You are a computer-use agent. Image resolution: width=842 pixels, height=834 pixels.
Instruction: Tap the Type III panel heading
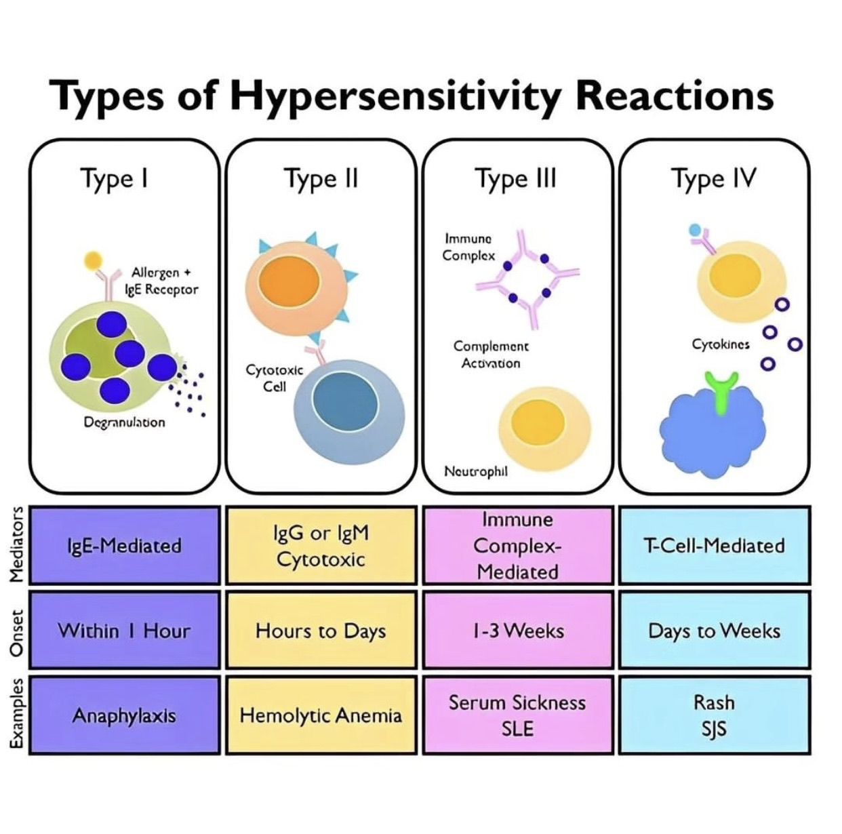516,178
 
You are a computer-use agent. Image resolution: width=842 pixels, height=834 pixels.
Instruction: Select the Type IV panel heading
713,178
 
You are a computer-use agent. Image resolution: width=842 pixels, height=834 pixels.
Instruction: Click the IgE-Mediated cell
125,546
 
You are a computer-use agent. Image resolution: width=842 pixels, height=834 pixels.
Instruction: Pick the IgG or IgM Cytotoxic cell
321,546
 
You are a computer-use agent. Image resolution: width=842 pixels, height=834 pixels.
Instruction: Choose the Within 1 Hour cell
125,631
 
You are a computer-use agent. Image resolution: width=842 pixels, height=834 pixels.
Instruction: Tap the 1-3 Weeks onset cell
518,631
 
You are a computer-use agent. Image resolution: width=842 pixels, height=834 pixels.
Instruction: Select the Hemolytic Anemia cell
321,715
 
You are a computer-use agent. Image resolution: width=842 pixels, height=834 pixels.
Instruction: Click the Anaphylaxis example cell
125,715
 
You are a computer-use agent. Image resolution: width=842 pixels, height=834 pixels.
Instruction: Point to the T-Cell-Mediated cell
715,546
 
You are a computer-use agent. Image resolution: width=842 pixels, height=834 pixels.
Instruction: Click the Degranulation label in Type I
124,422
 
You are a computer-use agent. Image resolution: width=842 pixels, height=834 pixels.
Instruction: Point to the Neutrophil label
475,471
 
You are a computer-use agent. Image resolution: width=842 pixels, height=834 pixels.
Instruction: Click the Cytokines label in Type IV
721,344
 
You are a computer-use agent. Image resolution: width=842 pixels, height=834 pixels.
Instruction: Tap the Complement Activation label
491,355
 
